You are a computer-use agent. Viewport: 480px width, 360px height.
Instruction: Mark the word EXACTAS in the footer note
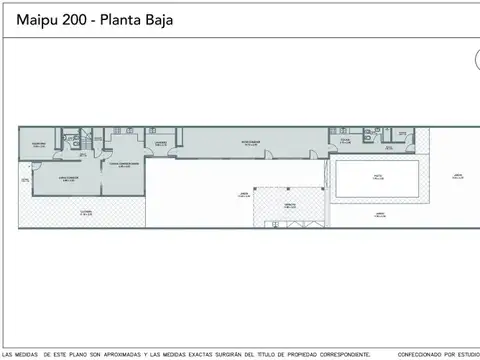(179, 354)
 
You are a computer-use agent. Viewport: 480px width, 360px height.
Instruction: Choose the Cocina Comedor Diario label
(123, 164)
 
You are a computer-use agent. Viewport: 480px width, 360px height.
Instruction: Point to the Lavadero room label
(160, 143)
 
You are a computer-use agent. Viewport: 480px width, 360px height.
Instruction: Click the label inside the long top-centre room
(250, 143)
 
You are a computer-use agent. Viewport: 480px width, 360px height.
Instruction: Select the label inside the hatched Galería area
(289, 204)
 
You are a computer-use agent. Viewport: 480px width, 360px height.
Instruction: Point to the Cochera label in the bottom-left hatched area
(86, 212)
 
